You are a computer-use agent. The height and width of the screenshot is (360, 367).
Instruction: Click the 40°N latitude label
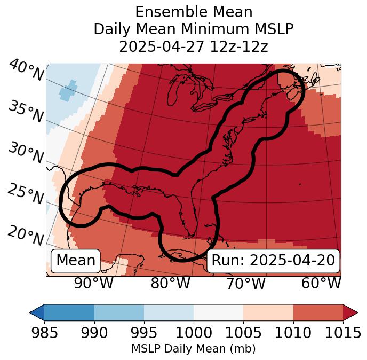coord(26,71)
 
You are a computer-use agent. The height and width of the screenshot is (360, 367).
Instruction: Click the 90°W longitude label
coord(94,284)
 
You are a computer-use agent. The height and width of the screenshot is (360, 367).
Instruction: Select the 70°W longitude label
coord(245,284)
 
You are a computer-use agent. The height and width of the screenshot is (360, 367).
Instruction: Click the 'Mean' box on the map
coord(76,261)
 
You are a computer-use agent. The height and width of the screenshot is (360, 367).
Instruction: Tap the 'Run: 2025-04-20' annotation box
coord(273,261)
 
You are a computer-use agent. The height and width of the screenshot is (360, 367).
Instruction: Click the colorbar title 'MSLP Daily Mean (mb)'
coord(193,349)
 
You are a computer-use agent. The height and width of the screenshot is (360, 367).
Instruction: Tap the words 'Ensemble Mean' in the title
coord(193,12)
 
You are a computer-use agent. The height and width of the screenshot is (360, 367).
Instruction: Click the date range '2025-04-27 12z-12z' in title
coord(193,46)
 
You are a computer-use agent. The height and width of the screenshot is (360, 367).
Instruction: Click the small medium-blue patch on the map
coord(68,91)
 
